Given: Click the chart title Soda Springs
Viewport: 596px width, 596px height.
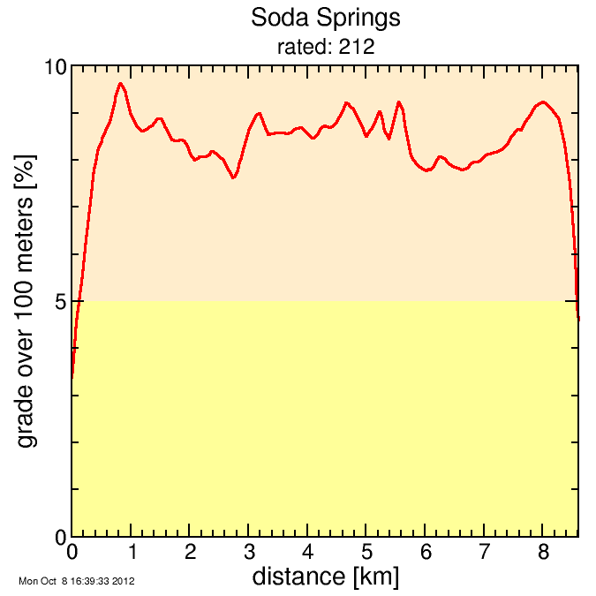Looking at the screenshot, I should pos(326,18).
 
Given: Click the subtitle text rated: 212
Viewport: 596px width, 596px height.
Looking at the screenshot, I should pos(326,47).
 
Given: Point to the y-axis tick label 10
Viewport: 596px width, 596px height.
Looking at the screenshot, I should pos(55,68).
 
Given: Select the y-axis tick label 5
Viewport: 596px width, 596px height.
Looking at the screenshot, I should pos(60,302).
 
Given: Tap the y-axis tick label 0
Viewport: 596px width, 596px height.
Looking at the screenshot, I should pos(60,536).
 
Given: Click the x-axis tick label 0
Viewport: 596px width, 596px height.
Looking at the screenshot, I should pos(72,553).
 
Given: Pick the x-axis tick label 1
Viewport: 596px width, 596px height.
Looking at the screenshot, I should pos(131,553).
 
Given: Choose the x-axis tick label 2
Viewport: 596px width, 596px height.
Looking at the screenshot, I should pos(190,553).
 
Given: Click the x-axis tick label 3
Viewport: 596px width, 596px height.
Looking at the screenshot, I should pos(248,553).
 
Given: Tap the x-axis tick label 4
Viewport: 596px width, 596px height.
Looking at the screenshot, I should pos(307,553).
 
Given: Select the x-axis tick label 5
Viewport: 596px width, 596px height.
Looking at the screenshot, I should pos(366,553).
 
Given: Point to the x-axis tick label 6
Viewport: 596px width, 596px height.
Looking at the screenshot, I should pos(426,553).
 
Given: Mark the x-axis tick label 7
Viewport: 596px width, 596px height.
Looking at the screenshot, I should pos(484,553).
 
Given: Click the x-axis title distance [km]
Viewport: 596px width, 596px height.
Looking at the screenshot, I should pos(325,577).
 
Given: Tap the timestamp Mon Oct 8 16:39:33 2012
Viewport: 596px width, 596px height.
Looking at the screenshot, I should pos(76,582).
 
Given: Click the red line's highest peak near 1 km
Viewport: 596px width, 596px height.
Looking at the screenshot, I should pos(120,84).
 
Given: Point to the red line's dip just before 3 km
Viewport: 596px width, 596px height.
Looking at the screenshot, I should pos(233,177).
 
